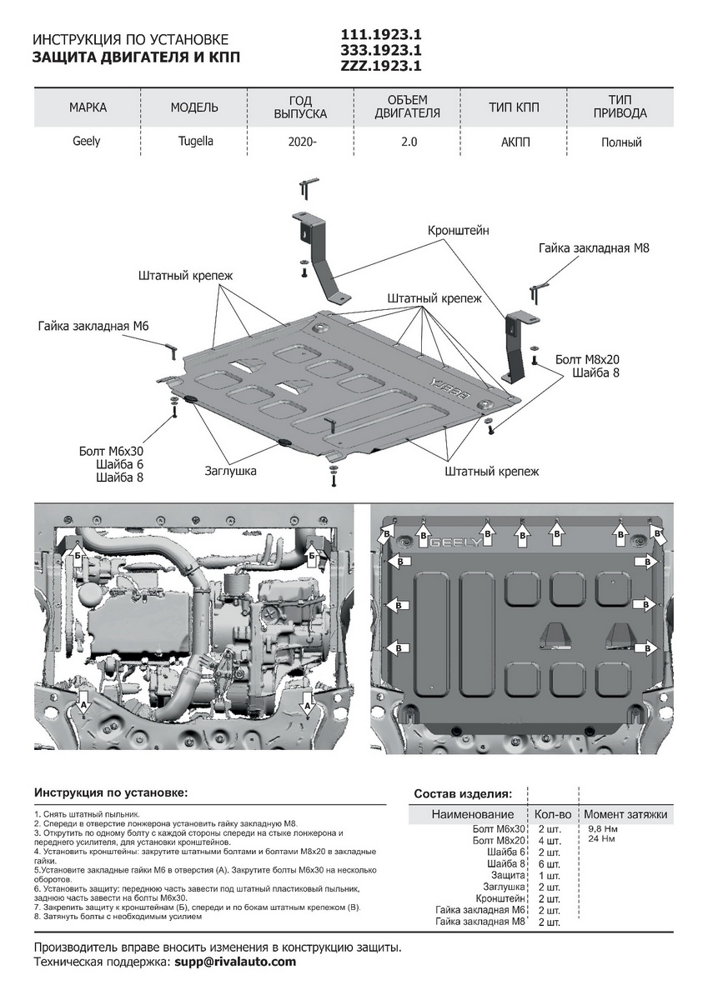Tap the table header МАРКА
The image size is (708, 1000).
[88, 107]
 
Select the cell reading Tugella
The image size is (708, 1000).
[194, 142]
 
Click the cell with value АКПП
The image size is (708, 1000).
[515, 142]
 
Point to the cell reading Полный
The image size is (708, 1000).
[621, 142]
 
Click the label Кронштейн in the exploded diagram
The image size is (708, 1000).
[458, 229]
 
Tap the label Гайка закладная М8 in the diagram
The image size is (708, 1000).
[594, 248]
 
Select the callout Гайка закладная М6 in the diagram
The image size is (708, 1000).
[93, 326]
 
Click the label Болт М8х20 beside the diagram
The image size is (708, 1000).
[587, 359]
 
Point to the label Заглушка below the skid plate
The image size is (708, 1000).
[230, 471]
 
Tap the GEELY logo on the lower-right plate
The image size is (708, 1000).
[454, 542]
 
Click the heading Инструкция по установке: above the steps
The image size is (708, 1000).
[111, 792]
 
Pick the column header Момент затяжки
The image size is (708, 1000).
[625, 814]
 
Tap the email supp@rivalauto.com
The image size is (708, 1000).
[235, 962]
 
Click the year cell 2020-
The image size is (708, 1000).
[302, 142]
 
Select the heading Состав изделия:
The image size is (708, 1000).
[463, 793]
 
